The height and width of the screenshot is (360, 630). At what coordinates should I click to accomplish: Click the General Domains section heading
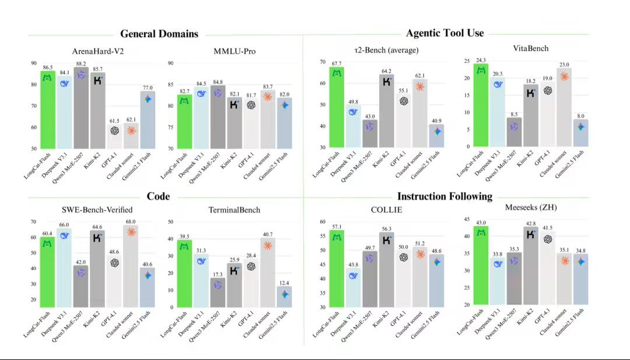(159, 34)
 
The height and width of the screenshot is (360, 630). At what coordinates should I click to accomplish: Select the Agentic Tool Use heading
(444, 33)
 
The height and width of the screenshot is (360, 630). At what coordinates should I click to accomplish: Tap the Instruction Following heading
(444, 196)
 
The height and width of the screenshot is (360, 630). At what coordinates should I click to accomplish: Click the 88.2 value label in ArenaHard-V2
(81, 64)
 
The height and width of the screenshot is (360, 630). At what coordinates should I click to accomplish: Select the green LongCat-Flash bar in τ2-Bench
(337, 108)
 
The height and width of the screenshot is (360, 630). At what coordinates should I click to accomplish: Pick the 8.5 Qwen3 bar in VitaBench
(513, 132)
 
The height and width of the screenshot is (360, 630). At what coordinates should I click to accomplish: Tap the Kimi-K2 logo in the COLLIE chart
(387, 239)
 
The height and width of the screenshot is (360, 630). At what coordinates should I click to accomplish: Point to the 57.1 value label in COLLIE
(337, 226)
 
